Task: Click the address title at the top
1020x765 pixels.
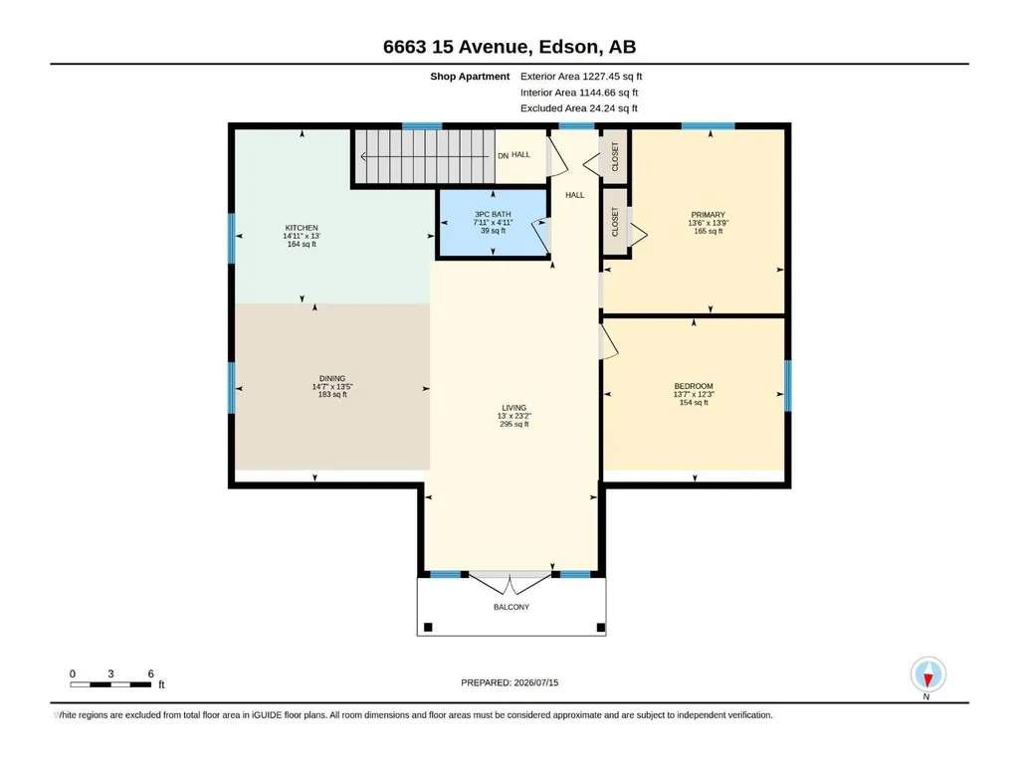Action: pyautogui.click(x=510, y=47)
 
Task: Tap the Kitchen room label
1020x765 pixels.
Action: pyautogui.click(x=302, y=228)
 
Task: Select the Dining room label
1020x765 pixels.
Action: pyautogui.click(x=332, y=379)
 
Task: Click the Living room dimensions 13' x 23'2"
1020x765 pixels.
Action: pyautogui.click(x=513, y=416)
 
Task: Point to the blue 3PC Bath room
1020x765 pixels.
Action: pyautogui.click(x=493, y=223)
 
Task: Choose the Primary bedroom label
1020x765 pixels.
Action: pyautogui.click(x=708, y=215)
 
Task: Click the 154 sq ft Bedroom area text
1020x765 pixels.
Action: pyautogui.click(x=694, y=402)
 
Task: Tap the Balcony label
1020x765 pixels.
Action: pyautogui.click(x=511, y=607)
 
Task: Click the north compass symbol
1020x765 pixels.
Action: pyautogui.click(x=927, y=674)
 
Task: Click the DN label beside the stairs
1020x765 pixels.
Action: pyautogui.click(x=503, y=156)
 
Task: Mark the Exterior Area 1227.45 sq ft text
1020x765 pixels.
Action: pyautogui.click(x=581, y=77)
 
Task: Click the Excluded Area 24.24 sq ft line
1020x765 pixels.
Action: pyautogui.click(x=579, y=108)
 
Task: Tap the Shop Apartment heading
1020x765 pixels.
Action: pyautogui.click(x=470, y=77)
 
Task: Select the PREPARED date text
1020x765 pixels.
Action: pyautogui.click(x=510, y=682)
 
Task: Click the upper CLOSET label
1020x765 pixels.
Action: pyautogui.click(x=615, y=157)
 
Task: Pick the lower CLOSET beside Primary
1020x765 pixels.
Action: pyautogui.click(x=615, y=222)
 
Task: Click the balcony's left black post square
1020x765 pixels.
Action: pyautogui.click(x=428, y=627)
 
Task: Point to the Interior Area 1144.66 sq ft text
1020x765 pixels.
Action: pyautogui.click(x=579, y=93)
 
